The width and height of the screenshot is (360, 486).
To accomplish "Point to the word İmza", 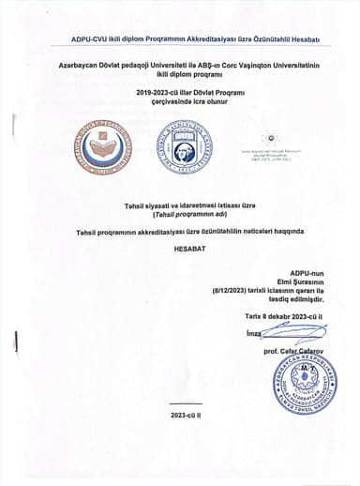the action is click(x=252, y=333).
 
